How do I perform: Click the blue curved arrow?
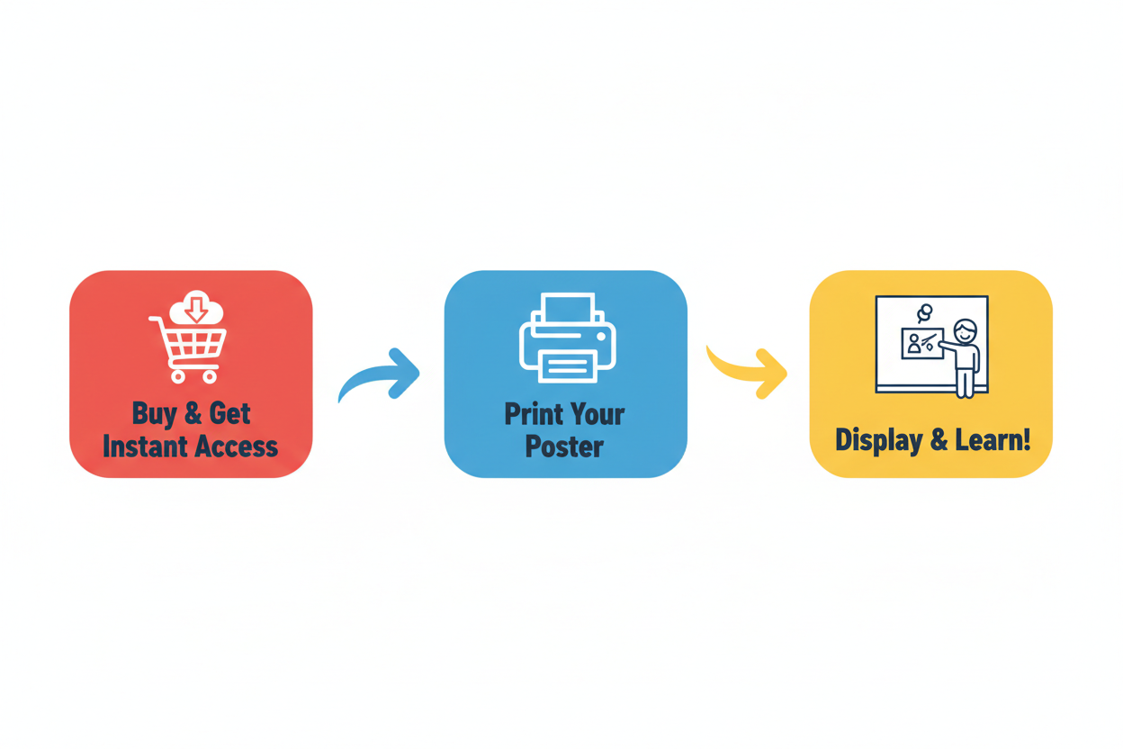coord(380,374)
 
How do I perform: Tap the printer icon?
coord(568,338)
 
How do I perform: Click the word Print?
coord(534,414)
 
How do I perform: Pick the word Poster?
coord(564,446)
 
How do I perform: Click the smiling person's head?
coord(965,331)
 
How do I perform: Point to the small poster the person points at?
coord(922,344)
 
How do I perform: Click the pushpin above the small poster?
coord(924,312)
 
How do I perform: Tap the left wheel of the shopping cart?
coord(178,377)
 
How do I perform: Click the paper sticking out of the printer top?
coord(568,307)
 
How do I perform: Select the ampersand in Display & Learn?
coord(939,439)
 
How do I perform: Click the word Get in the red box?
coord(229,414)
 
